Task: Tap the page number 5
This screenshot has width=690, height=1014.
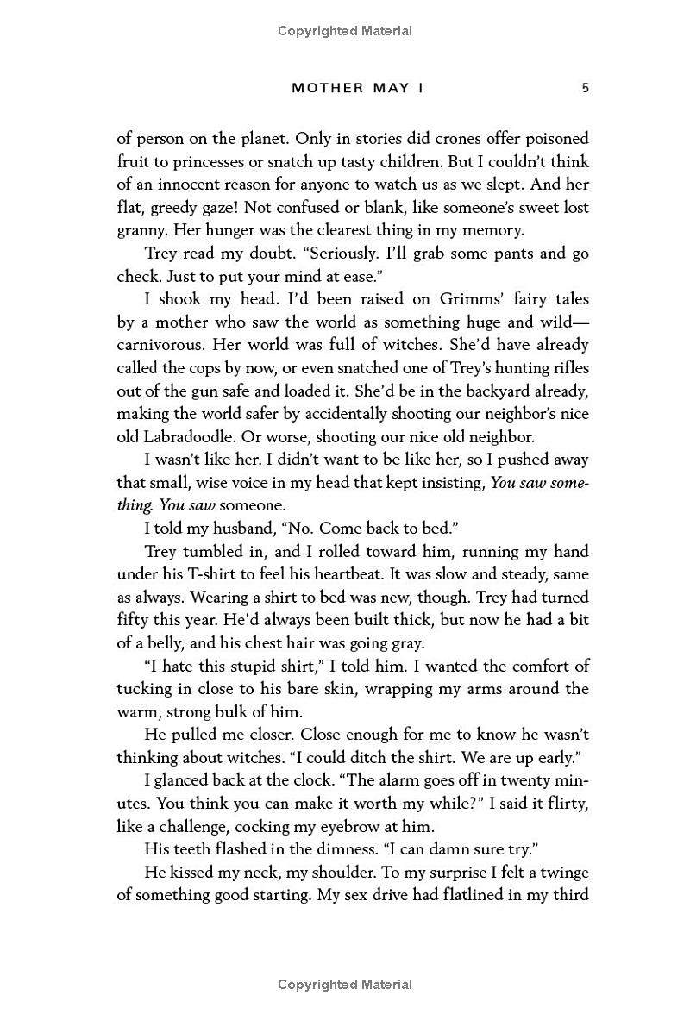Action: [585, 88]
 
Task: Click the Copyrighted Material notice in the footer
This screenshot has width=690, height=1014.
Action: [345, 985]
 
